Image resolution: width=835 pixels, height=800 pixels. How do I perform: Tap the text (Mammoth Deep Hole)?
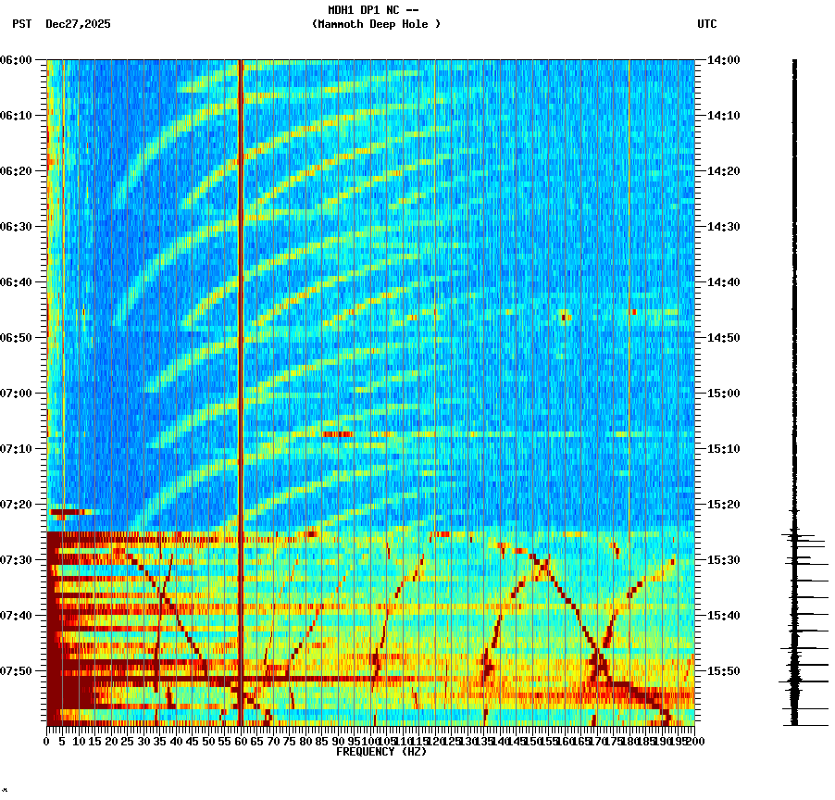(376, 24)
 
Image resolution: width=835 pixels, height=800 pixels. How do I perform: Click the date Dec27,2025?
(78, 24)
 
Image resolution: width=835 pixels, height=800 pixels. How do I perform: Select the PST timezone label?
(22, 24)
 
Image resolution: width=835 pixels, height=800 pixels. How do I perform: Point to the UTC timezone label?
(706, 24)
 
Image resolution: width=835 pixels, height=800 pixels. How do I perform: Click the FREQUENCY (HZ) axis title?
(381, 752)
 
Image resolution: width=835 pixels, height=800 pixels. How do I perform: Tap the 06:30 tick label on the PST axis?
(16, 227)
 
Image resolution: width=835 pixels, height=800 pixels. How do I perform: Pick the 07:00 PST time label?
(16, 394)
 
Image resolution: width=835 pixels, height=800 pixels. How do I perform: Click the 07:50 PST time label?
(16, 671)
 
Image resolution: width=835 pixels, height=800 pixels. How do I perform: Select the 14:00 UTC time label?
(722, 60)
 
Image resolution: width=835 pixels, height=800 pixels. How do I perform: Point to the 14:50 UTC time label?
(722, 338)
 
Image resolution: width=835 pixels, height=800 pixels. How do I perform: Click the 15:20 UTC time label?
(722, 505)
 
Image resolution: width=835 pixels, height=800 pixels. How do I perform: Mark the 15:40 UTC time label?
(722, 616)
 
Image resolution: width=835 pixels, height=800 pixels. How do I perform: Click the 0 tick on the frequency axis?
(47, 742)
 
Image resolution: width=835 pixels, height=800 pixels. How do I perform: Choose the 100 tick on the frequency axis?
(370, 742)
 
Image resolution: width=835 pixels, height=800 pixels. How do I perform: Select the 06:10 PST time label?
(16, 116)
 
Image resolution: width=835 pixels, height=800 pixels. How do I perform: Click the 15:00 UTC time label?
(722, 394)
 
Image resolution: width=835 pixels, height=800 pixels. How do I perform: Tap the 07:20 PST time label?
(16, 505)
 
